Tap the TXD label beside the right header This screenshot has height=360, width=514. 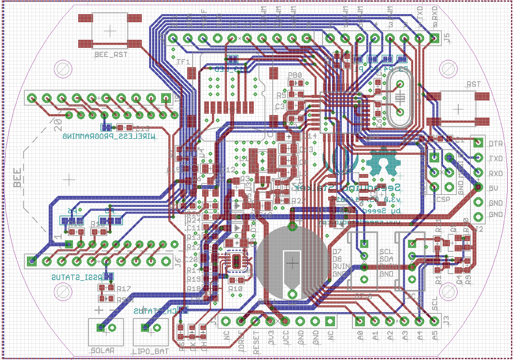tap(496, 158)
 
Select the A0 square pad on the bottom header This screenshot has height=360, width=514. tap(360, 321)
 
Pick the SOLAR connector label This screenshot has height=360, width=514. tap(103, 351)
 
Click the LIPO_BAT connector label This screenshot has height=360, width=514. tap(151, 351)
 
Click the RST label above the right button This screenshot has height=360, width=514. tap(473, 85)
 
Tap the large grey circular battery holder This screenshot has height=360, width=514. tap(292, 263)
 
